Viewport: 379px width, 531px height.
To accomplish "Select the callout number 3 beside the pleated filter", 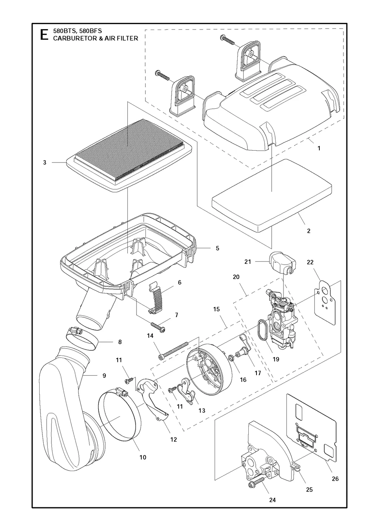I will click(x=44, y=162).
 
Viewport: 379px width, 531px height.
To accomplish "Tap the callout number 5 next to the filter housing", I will click(x=217, y=248).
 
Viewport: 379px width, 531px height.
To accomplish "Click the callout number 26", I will click(x=335, y=479).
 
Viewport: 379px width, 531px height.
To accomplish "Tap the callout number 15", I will click(x=217, y=309).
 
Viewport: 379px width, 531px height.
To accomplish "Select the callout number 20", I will click(x=236, y=277).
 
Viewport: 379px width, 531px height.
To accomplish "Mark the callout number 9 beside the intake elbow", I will click(x=104, y=376).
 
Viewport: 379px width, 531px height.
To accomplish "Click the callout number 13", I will click(x=202, y=410).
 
